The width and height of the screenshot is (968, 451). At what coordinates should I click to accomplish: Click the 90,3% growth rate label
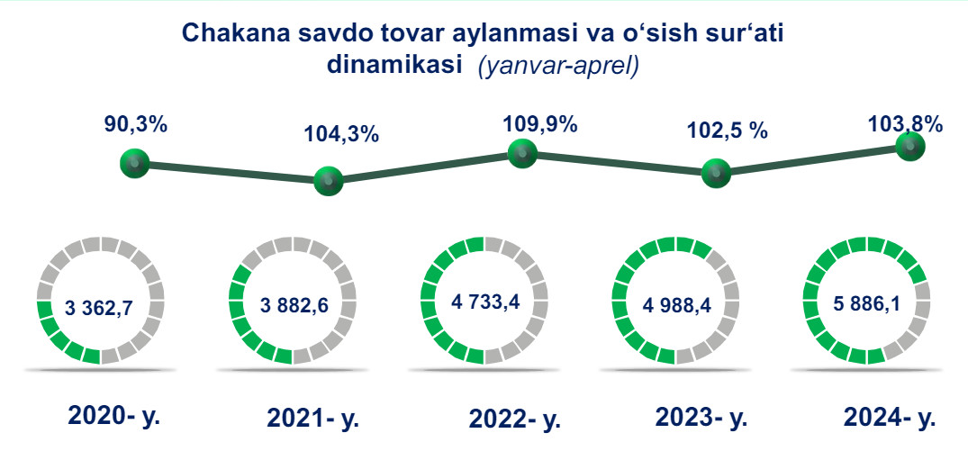click(x=137, y=124)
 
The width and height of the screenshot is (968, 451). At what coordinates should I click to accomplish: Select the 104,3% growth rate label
click(x=341, y=134)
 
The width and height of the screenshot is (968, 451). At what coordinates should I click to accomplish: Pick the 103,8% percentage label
click(x=907, y=124)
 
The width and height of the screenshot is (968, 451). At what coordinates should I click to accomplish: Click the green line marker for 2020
click(x=134, y=164)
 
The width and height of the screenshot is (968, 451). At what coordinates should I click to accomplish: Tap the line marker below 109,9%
click(x=522, y=152)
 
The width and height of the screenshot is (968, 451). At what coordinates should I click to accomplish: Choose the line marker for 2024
click(x=910, y=146)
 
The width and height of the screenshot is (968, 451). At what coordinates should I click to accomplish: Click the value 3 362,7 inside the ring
click(x=100, y=307)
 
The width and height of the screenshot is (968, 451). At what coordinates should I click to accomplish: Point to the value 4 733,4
click(x=484, y=302)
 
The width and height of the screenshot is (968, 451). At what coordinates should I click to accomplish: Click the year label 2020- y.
click(x=113, y=417)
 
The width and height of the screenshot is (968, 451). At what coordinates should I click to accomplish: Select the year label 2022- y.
click(x=514, y=419)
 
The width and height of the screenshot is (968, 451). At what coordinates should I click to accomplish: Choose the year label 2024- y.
click(x=889, y=418)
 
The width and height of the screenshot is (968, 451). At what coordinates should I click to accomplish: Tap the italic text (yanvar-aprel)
click(x=557, y=66)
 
